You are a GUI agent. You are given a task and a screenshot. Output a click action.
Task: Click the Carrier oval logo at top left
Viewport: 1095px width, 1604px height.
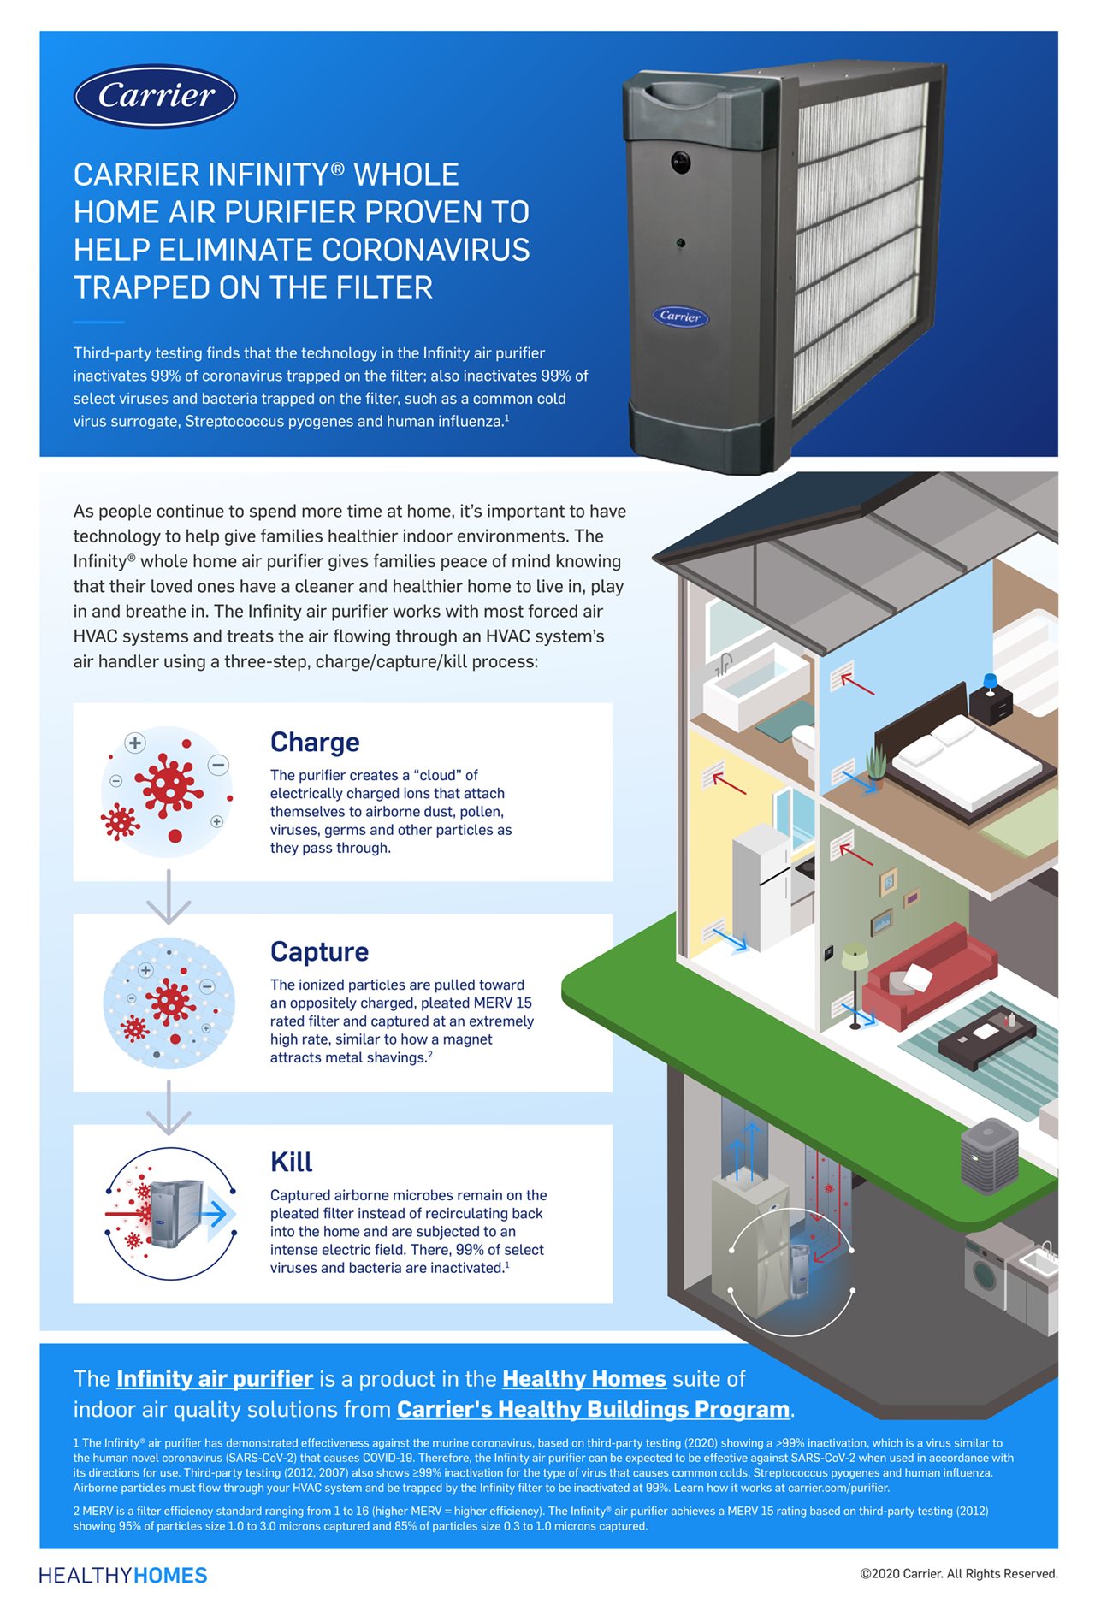pyautogui.click(x=156, y=96)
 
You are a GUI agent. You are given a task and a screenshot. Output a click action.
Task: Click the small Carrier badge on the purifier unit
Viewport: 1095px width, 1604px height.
pyautogui.click(x=680, y=316)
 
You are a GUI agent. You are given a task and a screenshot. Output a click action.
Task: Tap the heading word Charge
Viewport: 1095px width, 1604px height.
pyautogui.click(x=315, y=742)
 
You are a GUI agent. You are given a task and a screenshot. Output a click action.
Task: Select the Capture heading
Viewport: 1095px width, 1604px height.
pyautogui.click(x=319, y=951)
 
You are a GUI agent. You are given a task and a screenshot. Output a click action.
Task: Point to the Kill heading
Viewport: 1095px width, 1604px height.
pyautogui.click(x=291, y=1162)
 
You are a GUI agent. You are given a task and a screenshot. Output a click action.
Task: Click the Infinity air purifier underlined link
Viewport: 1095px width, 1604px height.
pyautogui.click(x=215, y=1379)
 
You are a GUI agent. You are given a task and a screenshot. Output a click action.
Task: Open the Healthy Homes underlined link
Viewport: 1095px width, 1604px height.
pyautogui.click(x=583, y=1379)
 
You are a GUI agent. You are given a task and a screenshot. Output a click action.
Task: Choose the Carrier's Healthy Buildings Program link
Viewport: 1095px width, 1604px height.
pyautogui.click(x=593, y=1409)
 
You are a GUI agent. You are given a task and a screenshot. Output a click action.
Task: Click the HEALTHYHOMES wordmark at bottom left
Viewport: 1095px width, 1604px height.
pyautogui.click(x=123, y=1576)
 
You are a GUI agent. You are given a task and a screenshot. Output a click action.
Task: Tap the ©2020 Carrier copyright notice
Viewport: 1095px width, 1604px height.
pyautogui.click(x=958, y=1574)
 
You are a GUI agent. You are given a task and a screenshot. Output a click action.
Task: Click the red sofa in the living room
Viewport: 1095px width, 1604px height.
pyautogui.click(x=928, y=975)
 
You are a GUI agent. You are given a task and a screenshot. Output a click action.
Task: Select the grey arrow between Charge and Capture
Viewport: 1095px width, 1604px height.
pyautogui.click(x=169, y=897)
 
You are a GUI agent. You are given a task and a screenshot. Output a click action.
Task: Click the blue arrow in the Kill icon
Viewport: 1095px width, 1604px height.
pyautogui.click(x=216, y=1213)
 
